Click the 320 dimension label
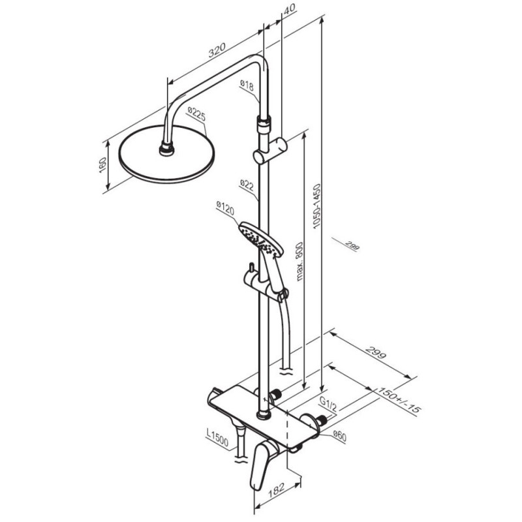pyautogui.click(x=217, y=50)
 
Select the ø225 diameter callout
pyautogui.click(x=196, y=114)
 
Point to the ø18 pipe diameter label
pyautogui.click(x=247, y=86)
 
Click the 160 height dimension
pyautogui.click(x=102, y=165)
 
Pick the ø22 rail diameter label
pyautogui.click(x=247, y=185)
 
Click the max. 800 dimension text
pyautogui.click(x=299, y=262)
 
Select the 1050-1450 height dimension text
pyautogui.click(x=316, y=206)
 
